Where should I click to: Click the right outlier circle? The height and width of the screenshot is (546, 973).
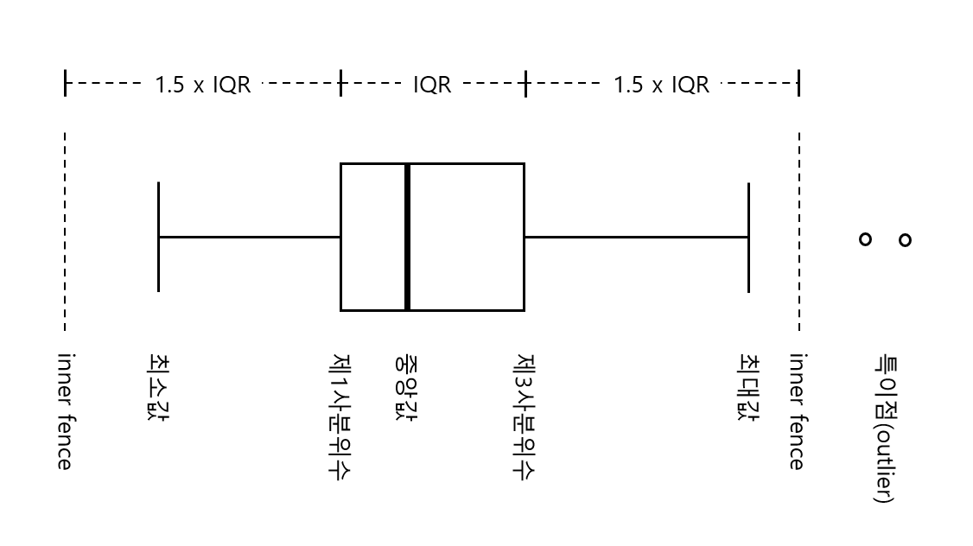tap(905, 239)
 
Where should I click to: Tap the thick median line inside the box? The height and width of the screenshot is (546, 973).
tap(407, 236)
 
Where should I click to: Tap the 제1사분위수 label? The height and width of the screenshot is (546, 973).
tap(341, 415)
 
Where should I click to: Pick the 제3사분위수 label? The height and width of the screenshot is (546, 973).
tap(525, 415)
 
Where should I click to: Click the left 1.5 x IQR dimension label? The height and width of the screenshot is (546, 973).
tap(202, 85)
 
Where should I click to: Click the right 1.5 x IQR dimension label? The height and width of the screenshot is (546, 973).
tap(661, 85)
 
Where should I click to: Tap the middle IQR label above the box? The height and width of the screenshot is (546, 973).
tap(431, 85)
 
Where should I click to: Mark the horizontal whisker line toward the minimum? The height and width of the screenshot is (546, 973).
tap(250, 237)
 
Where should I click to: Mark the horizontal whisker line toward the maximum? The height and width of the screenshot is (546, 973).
tap(635, 237)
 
